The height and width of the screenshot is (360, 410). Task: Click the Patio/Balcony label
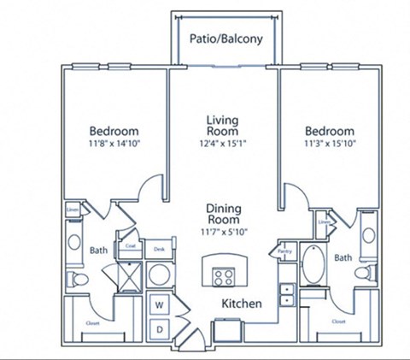click(x=225, y=39)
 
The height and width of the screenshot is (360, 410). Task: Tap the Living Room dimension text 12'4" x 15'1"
click(x=226, y=144)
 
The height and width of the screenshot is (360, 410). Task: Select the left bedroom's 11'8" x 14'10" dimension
click(x=114, y=144)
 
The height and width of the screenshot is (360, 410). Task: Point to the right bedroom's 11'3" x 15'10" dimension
click(x=330, y=144)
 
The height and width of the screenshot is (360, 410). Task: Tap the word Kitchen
click(x=242, y=304)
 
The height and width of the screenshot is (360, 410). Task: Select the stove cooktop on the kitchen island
click(x=225, y=276)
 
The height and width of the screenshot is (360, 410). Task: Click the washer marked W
click(x=160, y=304)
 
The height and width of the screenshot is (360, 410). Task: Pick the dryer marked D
click(x=160, y=328)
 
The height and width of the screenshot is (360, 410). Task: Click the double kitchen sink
click(x=287, y=293)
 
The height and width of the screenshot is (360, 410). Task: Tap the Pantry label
click(x=284, y=251)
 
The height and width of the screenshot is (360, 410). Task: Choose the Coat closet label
click(x=131, y=246)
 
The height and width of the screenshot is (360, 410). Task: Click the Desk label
click(x=159, y=249)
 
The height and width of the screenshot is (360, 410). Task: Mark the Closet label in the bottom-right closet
click(x=339, y=322)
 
